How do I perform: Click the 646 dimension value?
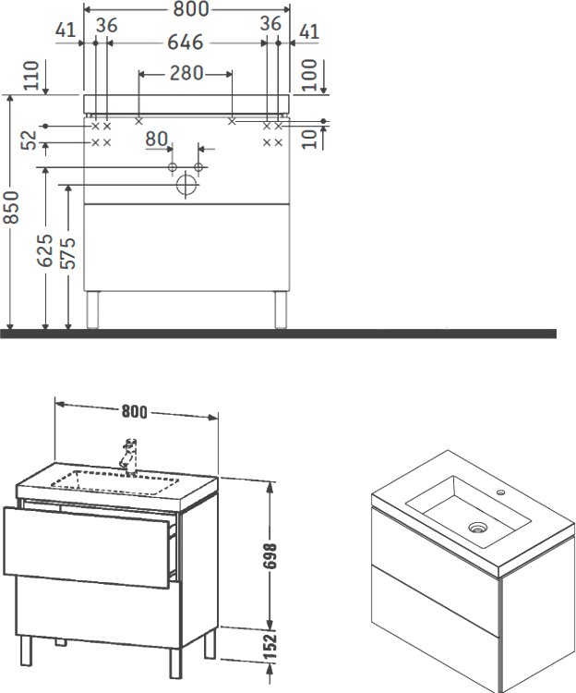pyautogui.click(x=186, y=43)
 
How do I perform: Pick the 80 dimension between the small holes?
pyautogui.click(x=157, y=140)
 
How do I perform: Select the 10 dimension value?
pyautogui.click(x=320, y=138)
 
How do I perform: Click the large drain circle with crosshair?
pyautogui.click(x=186, y=185)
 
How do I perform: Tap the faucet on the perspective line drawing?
pyautogui.click(x=129, y=455)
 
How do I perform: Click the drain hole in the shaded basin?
pyautogui.click(x=477, y=528)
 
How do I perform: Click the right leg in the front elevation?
pyautogui.click(x=279, y=310)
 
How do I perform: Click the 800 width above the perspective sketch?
pyautogui.click(x=136, y=411)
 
